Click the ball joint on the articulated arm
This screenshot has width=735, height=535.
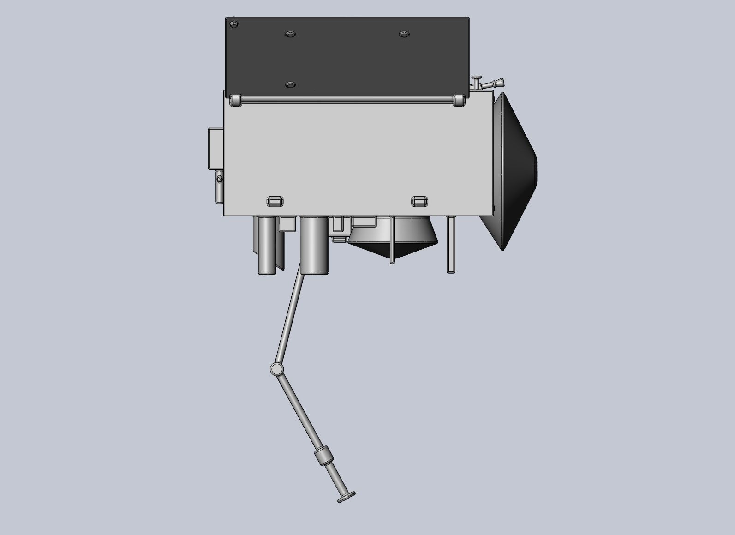(x=276, y=369)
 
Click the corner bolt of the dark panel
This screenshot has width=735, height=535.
(x=234, y=24)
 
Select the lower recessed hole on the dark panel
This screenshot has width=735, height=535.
(x=290, y=85)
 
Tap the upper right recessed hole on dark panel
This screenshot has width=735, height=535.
(x=404, y=35)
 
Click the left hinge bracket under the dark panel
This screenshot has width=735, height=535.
(x=235, y=100)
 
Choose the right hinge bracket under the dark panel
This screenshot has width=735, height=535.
(x=459, y=100)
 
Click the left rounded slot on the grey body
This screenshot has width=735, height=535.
(x=275, y=201)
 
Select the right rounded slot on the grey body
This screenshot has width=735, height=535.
(x=420, y=201)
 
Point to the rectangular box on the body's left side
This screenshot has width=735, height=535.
(x=215, y=148)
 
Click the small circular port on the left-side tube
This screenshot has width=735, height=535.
(x=220, y=179)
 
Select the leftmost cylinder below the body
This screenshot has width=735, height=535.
(x=266, y=246)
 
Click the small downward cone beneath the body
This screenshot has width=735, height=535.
(x=392, y=240)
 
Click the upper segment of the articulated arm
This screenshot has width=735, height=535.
(x=290, y=319)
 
